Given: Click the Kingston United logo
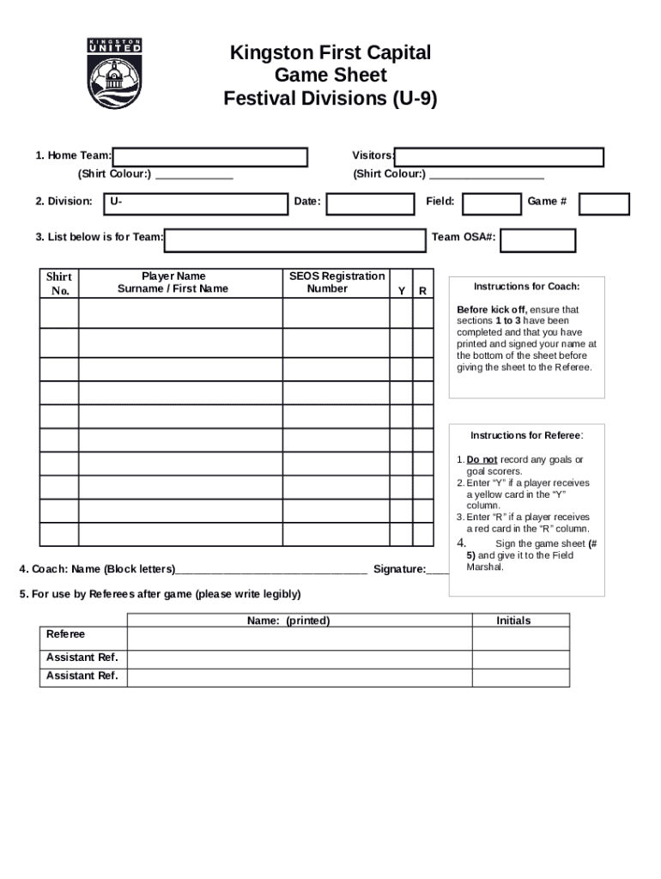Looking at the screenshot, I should pos(115,73).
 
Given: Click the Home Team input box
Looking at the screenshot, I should pos(210,157).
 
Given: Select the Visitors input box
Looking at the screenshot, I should pos(500,157).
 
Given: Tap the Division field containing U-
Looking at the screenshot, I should pos(196,203).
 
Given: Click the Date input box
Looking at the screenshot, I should pos(370,203).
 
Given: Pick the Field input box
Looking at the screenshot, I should pos(492,203).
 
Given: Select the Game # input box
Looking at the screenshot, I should pos(604,203).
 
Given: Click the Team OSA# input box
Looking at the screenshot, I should pos(537,240).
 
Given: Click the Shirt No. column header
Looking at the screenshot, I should pos(59,283).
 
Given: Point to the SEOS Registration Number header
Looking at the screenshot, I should pos(337,282).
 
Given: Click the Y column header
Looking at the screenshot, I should pos(401,292).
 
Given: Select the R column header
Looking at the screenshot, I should pos(422,292).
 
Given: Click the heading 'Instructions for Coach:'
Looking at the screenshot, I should pos(526,287).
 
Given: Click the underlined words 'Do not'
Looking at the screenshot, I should pos(482,460).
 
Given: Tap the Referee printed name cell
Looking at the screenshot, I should pos(300,639).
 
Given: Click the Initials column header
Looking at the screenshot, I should pos(513,621).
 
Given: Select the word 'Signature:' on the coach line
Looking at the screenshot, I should pos(399,569).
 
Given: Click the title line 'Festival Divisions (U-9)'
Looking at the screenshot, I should pos(330,99).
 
